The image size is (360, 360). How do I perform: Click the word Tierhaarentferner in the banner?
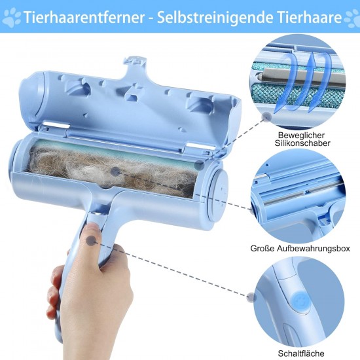tap(84, 17)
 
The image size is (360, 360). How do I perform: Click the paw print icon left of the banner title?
tap(11, 18)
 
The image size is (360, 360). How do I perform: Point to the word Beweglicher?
tap(301, 135)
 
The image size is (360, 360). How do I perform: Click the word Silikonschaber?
tap(302, 143)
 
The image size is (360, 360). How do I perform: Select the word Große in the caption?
tap(262, 249)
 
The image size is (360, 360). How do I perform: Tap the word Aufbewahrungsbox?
tap(314, 249)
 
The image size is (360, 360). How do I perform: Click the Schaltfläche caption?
tap(301, 353)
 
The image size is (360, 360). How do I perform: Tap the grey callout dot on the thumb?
tap(91, 241)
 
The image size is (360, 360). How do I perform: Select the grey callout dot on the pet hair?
tap(115, 171)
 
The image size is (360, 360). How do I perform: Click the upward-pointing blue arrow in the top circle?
tap(312, 82)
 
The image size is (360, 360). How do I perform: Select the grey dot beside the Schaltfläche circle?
tap(251, 297)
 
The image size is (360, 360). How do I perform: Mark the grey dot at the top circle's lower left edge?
tap(266, 117)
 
